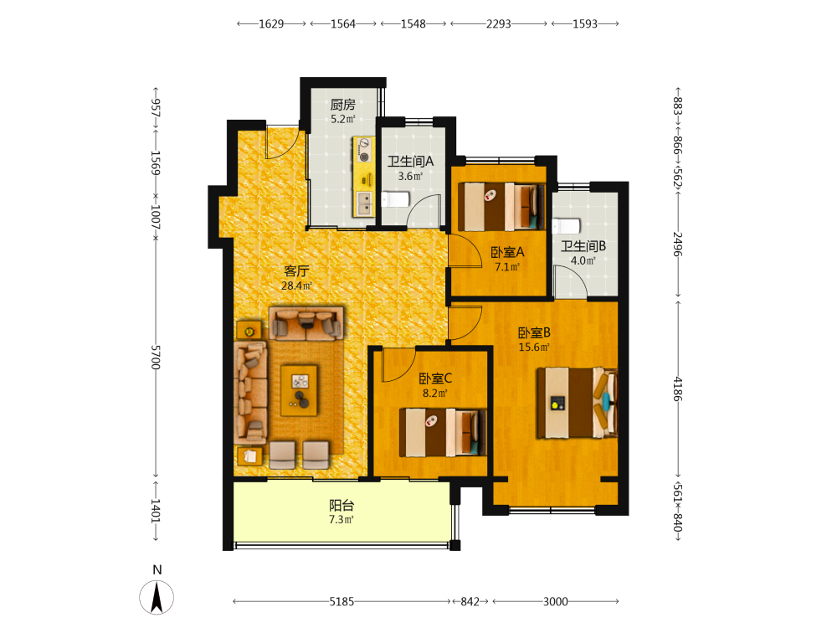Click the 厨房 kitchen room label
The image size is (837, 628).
pos(342,104)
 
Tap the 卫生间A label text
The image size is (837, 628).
pos(410,161)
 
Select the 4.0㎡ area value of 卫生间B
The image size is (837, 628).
pos(583,260)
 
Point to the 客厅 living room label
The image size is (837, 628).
pos(296,270)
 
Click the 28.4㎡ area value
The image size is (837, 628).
pos(297,286)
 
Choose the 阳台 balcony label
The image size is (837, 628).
pos(341,505)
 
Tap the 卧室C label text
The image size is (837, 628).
pos(435,378)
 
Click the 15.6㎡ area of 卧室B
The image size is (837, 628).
pos(534,347)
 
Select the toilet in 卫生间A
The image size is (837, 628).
pos(395,200)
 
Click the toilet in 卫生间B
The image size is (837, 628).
pos(566,226)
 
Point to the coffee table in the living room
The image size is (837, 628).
pos(299,390)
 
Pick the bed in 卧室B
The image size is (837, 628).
pos(578,403)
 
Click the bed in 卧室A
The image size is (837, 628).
pos(501,207)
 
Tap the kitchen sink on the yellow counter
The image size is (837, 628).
pos(365,203)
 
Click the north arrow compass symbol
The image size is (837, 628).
pos(157,597)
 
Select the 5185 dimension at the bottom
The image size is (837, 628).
pos(341,602)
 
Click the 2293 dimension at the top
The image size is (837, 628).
pos(499,24)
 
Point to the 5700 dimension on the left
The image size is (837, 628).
pos(156,358)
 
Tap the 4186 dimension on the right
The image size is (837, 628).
pos(677,389)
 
